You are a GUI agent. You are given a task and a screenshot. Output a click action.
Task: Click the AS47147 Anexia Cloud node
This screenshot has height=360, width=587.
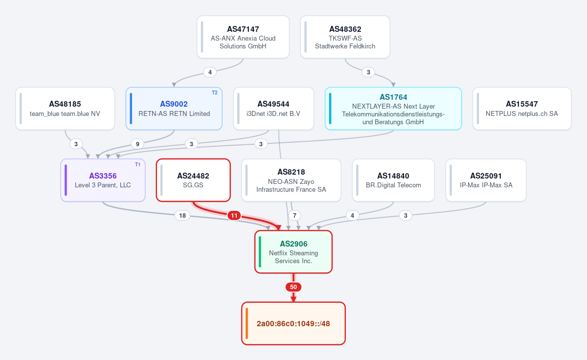point(243,37)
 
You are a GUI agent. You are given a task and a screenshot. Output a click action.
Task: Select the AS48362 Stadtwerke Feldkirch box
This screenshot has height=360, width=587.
point(345,37)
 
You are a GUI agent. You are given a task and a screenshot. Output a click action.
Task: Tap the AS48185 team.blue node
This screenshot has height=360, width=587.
point(65,109)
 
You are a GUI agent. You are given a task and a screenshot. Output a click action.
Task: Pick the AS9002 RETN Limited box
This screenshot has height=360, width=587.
point(174,109)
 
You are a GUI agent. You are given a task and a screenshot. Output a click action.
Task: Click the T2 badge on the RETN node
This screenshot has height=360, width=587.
point(215,92)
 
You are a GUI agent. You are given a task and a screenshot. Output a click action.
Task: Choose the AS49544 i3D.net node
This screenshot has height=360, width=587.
point(273,109)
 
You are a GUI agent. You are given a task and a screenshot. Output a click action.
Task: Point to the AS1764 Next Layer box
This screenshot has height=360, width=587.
point(393,109)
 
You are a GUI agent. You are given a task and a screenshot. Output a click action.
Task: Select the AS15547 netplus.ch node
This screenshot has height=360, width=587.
point(522,109)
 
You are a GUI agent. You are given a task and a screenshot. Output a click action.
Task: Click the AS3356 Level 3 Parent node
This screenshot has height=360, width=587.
point(103,180)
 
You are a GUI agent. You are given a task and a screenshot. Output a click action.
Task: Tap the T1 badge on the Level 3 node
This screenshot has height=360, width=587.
point(137,164)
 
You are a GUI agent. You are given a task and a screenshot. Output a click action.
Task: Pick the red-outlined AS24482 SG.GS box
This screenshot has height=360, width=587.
point(193,180)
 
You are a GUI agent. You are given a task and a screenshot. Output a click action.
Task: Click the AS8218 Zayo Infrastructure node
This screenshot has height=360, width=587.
point(291,180)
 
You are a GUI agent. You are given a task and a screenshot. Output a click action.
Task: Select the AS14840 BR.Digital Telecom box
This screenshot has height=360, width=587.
point(393,180)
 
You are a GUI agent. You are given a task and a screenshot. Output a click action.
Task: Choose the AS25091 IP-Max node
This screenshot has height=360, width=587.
point(486,180)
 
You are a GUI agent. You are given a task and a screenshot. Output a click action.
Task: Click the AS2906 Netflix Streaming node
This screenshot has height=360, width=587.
point(293,252)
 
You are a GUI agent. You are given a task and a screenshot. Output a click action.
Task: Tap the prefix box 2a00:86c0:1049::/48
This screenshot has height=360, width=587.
point(293,323)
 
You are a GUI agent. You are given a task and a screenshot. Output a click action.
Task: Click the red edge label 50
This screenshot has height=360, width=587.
point(293,287)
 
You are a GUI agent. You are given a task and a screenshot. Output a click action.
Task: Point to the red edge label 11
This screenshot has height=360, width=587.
point(234,216)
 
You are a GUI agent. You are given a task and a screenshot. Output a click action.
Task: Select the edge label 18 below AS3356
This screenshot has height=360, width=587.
point(182,216)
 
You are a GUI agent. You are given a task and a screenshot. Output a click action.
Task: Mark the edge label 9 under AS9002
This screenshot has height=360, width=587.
point(137,144)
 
